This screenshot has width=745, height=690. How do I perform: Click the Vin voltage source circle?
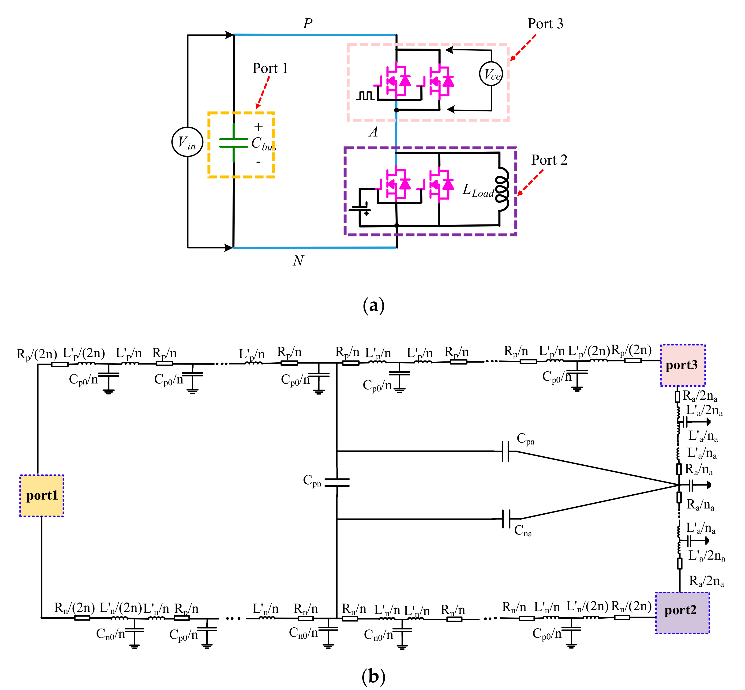click(x=187, y=142)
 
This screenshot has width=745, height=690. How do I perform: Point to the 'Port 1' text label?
click(x=270, y=68)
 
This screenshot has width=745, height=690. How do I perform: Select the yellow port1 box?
click(x=42, y=496)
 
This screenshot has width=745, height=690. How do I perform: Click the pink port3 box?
click(x=682, y=365)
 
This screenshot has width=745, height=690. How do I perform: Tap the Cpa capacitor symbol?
click(x=505, y=451)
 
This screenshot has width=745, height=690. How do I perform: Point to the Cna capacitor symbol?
click(x=506, y=519)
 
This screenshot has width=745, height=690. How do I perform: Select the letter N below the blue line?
click(x=298, y=261)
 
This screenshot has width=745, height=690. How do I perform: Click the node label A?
click(x=373, y=132)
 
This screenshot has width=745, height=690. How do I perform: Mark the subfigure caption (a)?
click(x=373, y=305)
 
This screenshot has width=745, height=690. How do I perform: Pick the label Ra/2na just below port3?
click(x=700, y=396)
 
